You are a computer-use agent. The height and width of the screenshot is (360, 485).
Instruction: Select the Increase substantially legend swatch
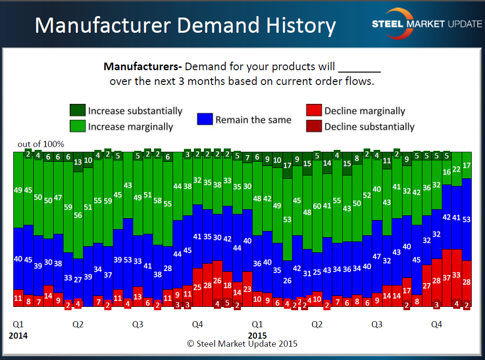click(x=77, y=111)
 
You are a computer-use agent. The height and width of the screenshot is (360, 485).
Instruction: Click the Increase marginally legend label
click(x=130, y=127)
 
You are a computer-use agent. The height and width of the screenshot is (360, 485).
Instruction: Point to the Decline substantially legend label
click(x=369, y=127)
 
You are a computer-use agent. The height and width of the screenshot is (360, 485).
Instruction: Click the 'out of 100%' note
click(x=41, y=144)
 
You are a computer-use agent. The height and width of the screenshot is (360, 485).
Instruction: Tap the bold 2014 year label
click(x=18, y=336)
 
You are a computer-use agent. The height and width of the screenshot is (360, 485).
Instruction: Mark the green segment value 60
click(x=317, y=206)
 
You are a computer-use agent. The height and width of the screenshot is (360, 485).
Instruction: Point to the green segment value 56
click(x=78, y=215)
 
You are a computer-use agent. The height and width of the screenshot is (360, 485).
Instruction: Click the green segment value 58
click(x=158, y=200)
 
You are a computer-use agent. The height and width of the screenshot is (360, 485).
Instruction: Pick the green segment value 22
click(x=457, y=169)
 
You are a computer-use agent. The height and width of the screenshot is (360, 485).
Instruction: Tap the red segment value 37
click(x=447, y=277)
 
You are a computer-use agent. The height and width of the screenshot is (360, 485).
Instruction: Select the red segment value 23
click(x=247, y=289)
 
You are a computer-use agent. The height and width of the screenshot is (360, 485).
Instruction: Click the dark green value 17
click(x=287, y=166)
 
